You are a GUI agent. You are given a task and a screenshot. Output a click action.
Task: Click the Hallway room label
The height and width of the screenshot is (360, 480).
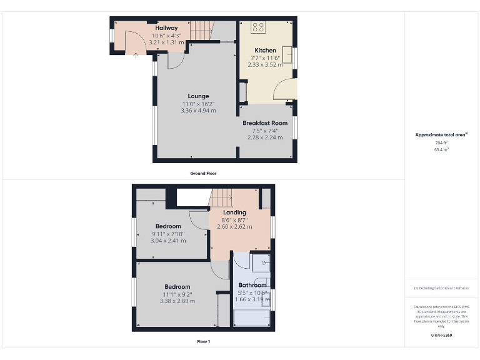pos(166,28)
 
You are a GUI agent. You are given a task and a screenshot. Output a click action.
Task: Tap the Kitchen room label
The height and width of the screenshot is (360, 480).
pos(265,50)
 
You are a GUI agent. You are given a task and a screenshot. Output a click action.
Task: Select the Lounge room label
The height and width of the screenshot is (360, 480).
pos(198,96)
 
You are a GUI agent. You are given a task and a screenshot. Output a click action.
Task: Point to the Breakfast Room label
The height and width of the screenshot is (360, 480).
pos(265,123)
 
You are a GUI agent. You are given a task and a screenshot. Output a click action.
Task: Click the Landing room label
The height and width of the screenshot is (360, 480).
pos(234,212)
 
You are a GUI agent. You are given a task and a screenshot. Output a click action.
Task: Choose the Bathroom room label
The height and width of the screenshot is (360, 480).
pos(252,285)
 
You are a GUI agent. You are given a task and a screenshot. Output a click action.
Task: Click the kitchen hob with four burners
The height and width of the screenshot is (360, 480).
pos(259,28)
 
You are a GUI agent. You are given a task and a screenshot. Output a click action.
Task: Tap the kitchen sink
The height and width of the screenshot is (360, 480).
pos(289,55)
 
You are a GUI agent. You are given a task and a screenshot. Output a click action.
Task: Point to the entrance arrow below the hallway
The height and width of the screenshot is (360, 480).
pos(136,55)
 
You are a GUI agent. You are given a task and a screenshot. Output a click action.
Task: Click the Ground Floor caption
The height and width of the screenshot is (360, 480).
pos(203,173)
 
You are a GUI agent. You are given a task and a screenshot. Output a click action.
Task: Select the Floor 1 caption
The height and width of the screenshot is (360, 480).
pos(203,341)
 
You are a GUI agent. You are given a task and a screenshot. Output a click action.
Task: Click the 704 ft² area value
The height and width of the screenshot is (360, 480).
pos(441,143)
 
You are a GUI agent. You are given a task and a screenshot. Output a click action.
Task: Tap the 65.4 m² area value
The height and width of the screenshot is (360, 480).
pos(441,150)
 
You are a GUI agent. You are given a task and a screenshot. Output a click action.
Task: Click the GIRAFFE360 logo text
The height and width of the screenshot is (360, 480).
pos(441,336)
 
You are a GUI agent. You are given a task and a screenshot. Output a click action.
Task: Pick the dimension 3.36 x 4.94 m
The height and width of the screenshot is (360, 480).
pos(198,111)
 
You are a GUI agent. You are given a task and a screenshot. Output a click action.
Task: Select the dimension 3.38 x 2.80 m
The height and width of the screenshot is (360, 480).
pos(177,301)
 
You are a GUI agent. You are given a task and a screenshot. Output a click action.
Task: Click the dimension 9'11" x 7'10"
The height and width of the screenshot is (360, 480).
pos(168,234)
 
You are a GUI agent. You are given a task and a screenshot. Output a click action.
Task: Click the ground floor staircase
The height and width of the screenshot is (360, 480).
pos(202,29)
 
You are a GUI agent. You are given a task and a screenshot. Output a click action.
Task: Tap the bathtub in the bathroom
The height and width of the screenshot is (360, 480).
pos(251,319)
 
